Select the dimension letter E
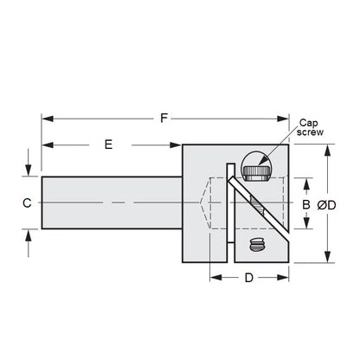108,145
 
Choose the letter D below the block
247,278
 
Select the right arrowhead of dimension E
176,145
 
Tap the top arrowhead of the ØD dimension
326,149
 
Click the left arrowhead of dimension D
215,278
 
